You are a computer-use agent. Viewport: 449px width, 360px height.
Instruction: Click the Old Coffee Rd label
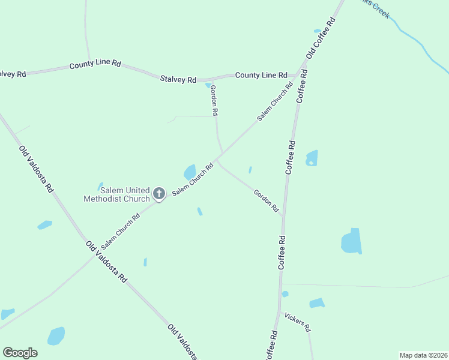321,37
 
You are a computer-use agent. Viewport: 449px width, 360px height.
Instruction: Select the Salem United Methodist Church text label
116,194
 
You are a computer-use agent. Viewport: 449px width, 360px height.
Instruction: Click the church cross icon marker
159,193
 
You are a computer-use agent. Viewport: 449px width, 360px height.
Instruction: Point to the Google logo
20,352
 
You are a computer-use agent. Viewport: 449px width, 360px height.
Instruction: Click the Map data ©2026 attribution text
423,355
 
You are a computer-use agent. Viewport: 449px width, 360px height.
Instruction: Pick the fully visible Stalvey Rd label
178,79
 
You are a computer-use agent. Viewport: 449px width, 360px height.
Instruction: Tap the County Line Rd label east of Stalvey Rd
261,75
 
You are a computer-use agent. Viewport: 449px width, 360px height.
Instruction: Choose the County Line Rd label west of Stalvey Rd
95,64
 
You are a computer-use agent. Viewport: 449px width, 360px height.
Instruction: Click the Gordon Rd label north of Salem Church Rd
214,100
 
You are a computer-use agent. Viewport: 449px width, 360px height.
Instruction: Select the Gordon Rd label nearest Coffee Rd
267,201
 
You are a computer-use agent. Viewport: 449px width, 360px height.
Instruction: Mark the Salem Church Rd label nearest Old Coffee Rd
275,101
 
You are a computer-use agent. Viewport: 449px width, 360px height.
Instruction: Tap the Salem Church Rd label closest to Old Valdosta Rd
120,231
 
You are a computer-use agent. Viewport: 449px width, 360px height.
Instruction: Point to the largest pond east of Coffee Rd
352,241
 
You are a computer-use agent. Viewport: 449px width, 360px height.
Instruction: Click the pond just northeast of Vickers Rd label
317,303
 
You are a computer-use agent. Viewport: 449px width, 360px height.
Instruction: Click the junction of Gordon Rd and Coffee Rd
282,216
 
